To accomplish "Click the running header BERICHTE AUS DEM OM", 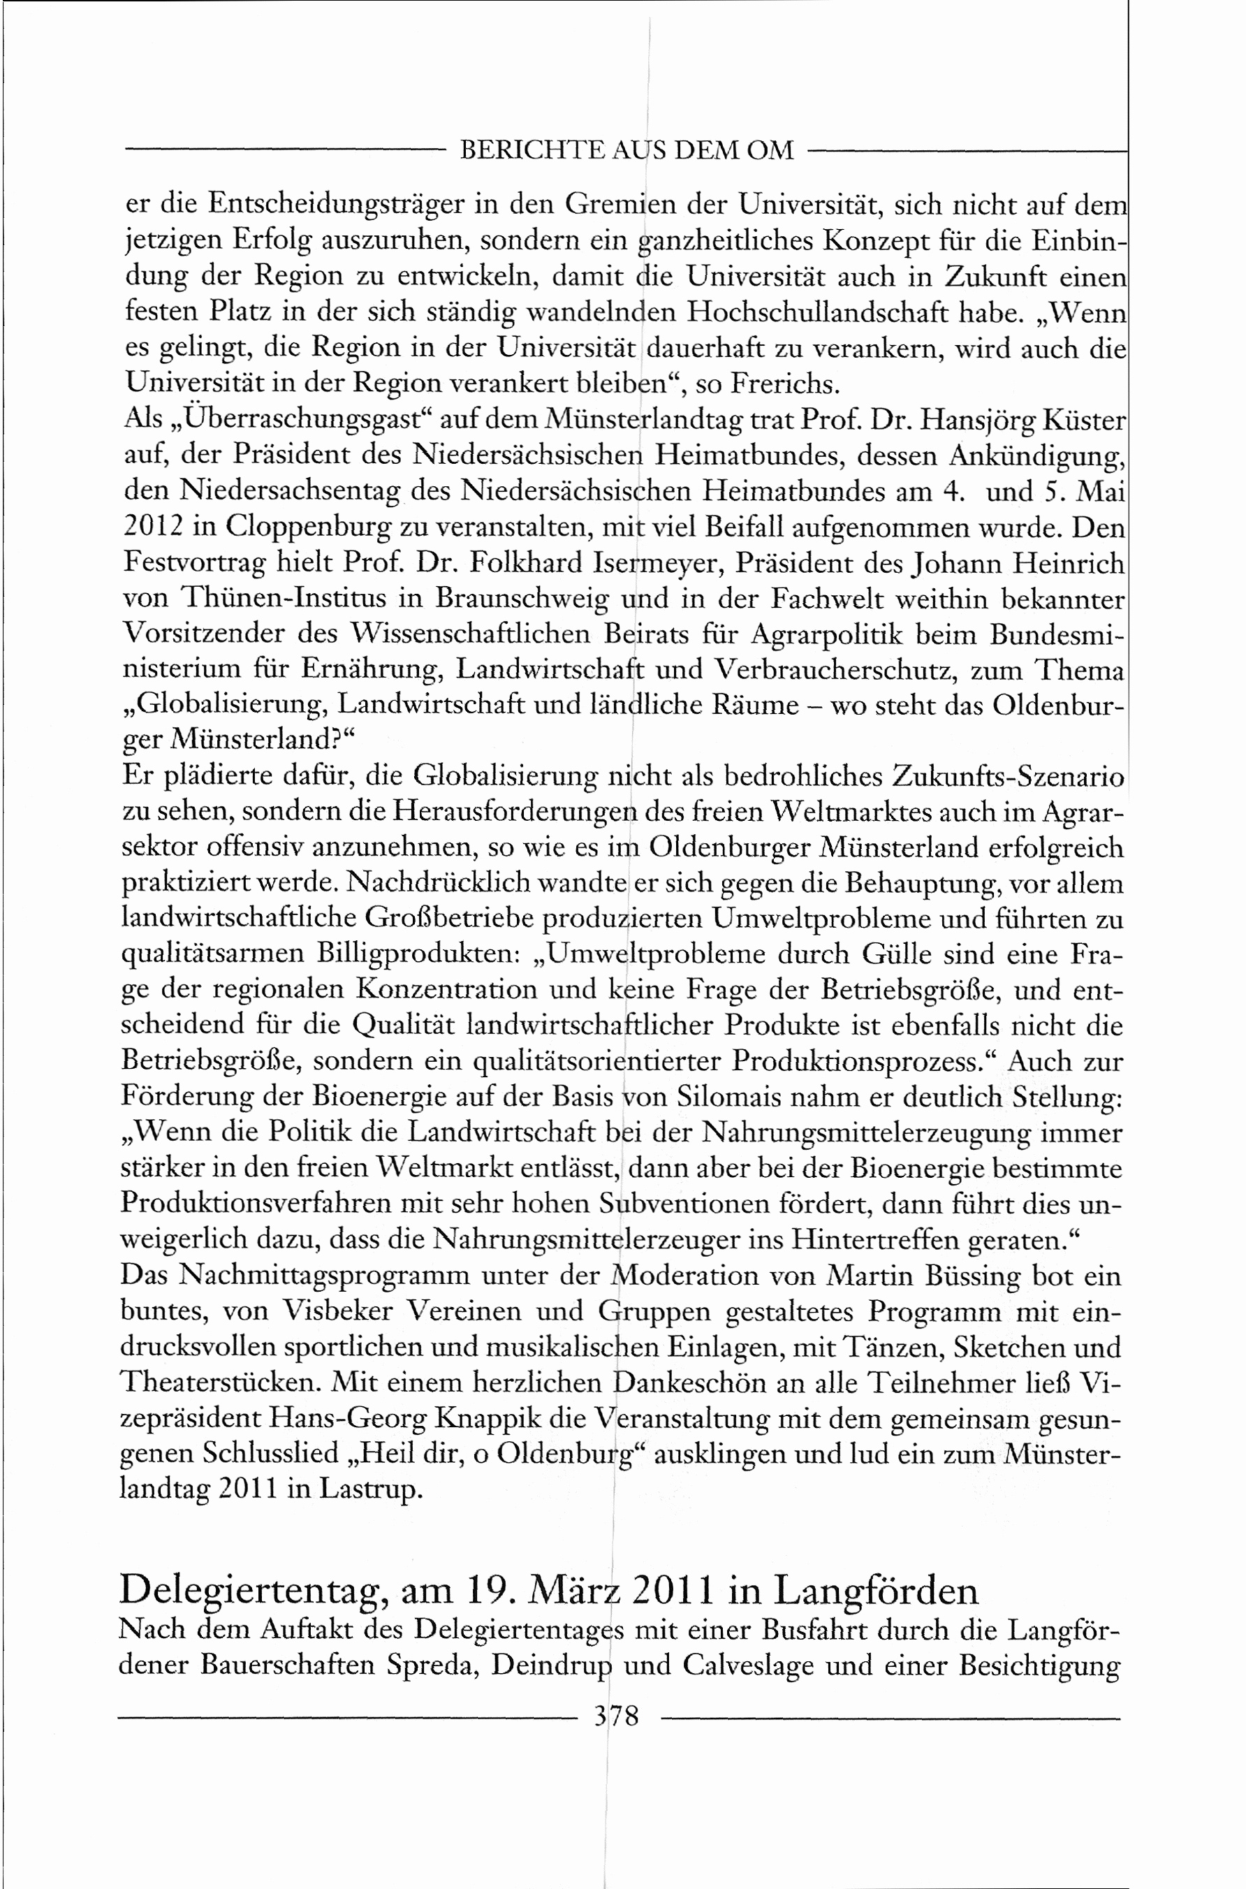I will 627,149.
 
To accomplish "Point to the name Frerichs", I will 784,385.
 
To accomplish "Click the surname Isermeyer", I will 657,564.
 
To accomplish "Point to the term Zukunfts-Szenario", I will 1009,776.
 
